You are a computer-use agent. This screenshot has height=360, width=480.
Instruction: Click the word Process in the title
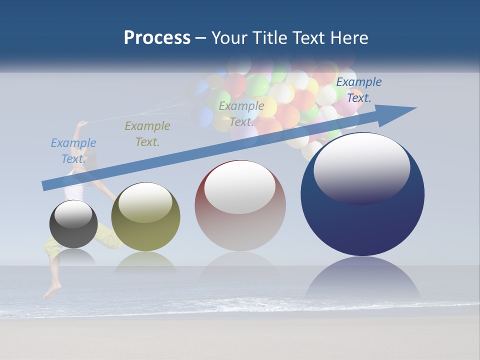157,38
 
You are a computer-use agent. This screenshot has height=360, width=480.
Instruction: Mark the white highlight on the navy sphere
361,168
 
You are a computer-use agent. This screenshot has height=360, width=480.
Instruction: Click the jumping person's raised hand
82,123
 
